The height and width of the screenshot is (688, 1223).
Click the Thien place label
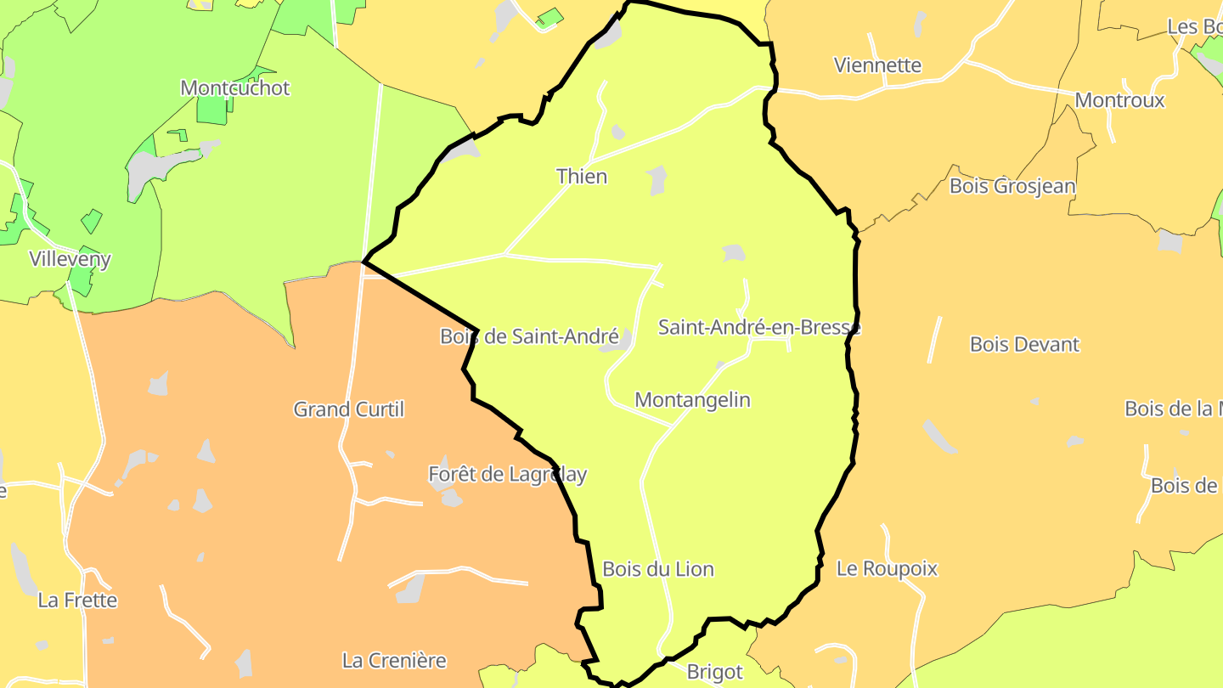click(582, 177)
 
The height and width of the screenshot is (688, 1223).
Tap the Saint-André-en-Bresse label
click(759, 327)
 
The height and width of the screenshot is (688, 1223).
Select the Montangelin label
click(692, 399)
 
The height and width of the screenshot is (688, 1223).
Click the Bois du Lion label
click(658, 569)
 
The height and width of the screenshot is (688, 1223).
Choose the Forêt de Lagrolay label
click(508, 474)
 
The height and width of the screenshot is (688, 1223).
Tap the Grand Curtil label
click(348, 409)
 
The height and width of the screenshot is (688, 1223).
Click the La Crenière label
click(394, 660)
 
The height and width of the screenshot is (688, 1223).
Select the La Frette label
click(77, 601)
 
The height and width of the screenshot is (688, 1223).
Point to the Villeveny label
click(70, 259)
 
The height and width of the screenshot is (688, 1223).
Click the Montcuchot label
click(235, 88)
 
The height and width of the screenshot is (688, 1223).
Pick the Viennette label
click(877, 65)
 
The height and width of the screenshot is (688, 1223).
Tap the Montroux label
click(1119, 100)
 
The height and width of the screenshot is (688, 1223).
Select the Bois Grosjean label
click(1012, 186)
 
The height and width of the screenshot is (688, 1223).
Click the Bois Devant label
click(1024, 345)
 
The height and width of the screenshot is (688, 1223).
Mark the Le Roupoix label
click(887, 569)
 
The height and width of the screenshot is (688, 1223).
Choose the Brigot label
click(714, 673)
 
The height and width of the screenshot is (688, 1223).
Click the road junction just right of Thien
click(592, 160)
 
